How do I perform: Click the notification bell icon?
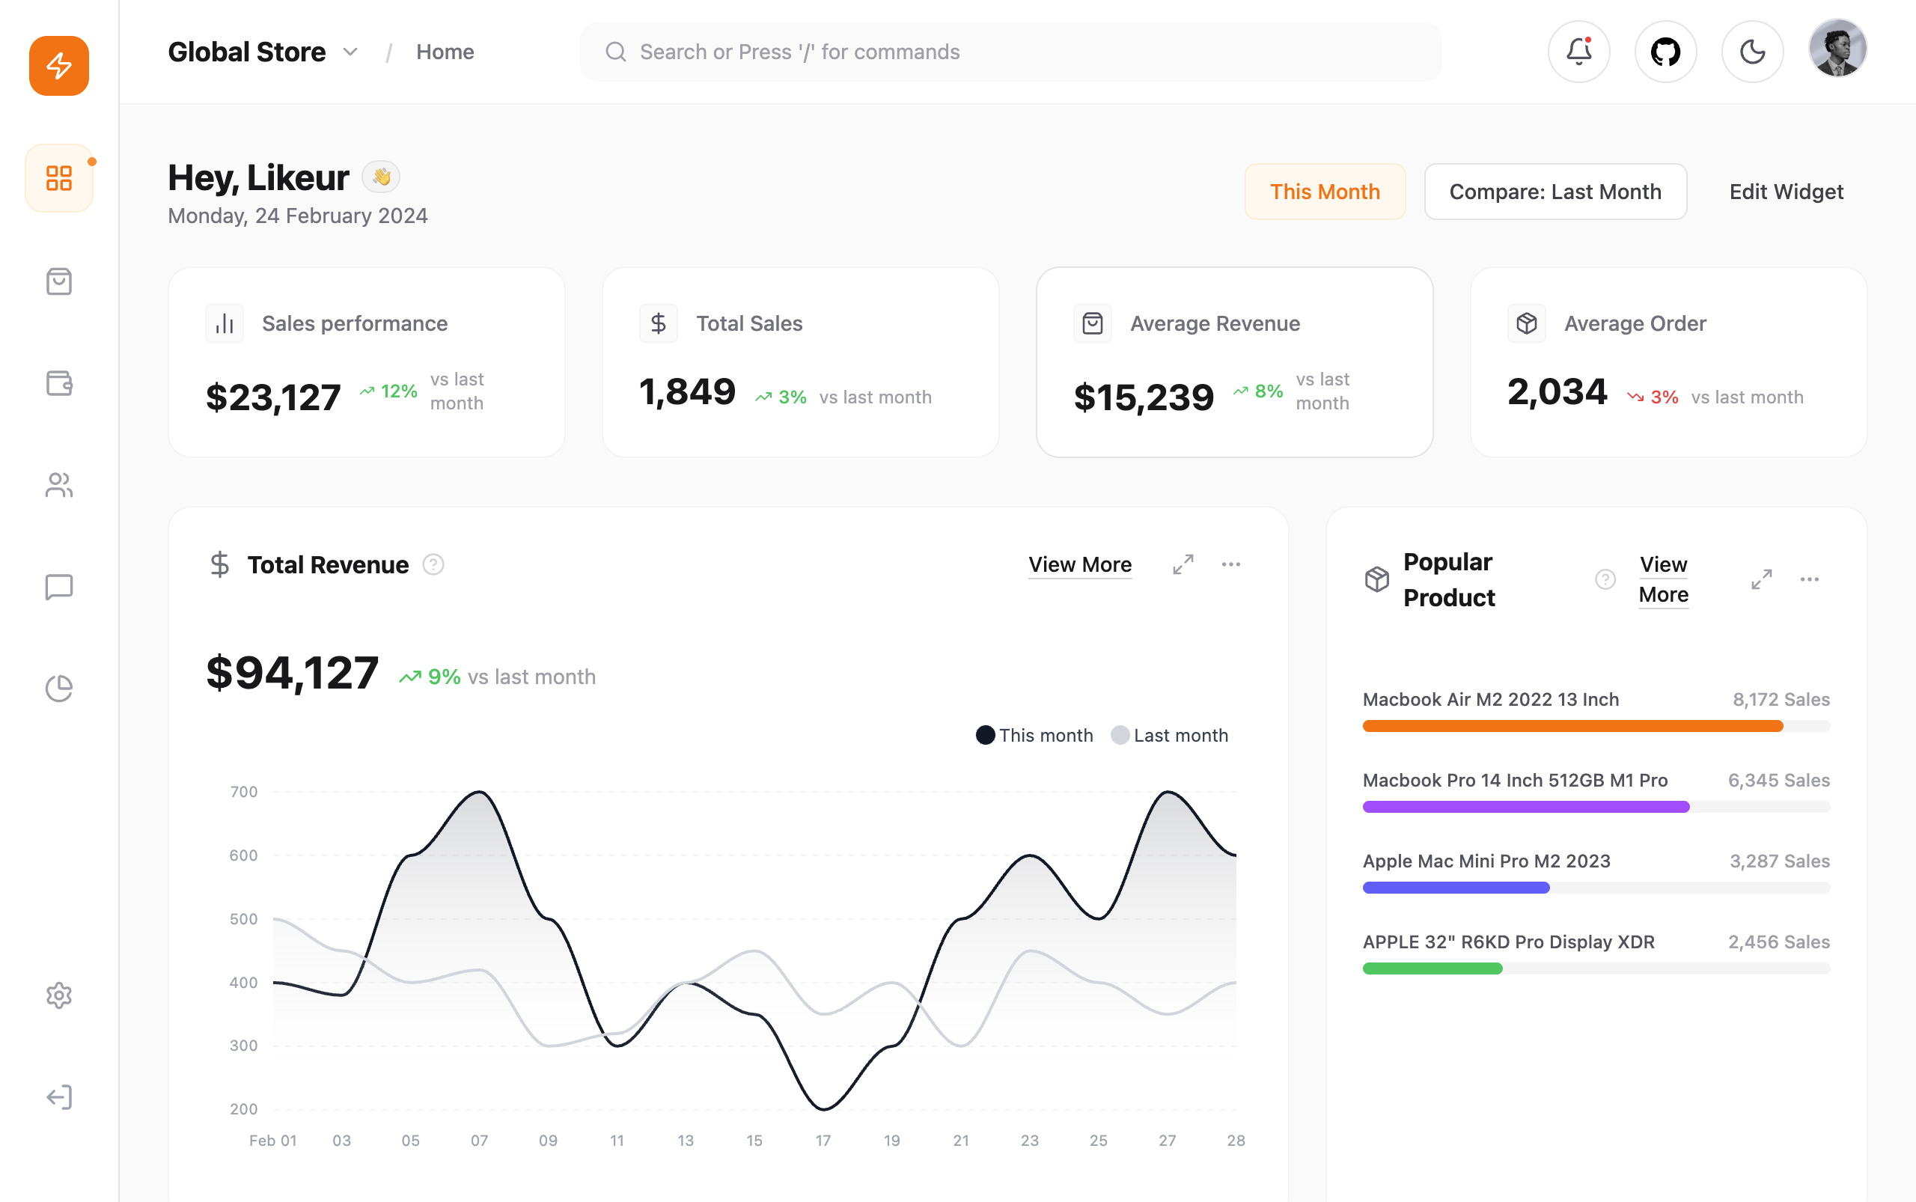click(1578, 52)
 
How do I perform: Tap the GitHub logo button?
click(1665, 52)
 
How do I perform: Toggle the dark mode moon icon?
click(1752, 52)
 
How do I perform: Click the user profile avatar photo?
click(1837, 49)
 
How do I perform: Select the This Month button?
click(1325, 192)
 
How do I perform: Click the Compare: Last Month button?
click(1555, 192)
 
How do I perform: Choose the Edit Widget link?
click(1786, 192)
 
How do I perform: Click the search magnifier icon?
click(615, 52)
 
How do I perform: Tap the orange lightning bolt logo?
click(59, 65)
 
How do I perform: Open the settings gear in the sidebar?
click(59, 995)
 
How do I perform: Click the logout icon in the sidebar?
click(59, 1097)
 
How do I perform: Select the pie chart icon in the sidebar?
click(59, 689)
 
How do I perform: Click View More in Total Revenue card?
click(1080, 564)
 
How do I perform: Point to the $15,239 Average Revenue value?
click(1144, 397)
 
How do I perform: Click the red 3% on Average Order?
click(1664, 397)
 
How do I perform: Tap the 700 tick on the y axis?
click(243, 792)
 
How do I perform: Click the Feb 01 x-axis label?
click(272, 1141)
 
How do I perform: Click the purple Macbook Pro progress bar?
click(1525, 807)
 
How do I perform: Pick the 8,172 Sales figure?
click(1781, 700)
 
